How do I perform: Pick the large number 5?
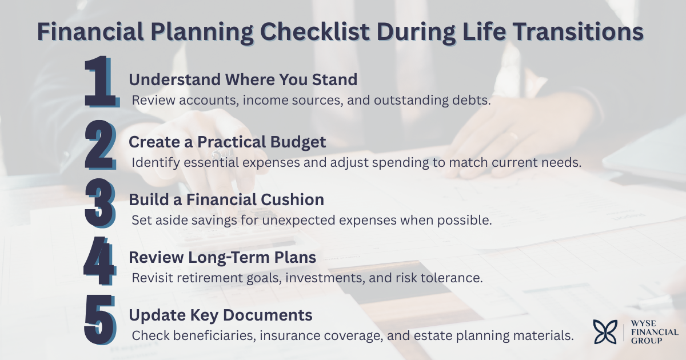(x=101, y=321)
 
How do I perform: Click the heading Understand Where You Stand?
(x=243, y=79)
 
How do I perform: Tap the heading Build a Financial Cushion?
(x=226, y=199)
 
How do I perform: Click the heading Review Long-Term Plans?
(x=222, y=258)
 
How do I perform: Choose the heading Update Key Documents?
(x=221, y=315)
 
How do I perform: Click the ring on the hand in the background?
(x=513, y=137)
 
